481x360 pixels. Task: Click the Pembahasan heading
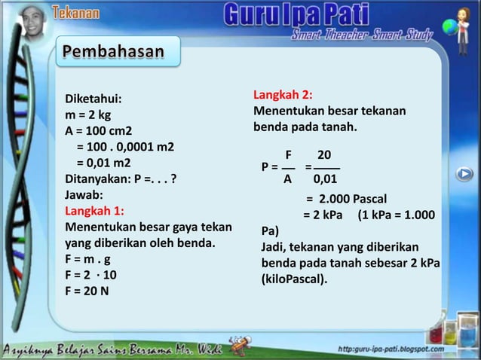(x=113, y=52)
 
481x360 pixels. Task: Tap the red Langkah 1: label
(x=95, y=210)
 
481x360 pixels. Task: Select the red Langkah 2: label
(x=283, y=96)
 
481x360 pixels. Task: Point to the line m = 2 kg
(x=88, y=115)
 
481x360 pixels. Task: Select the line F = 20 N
(x=87, y=290)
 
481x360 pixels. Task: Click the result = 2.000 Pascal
(x=346, y=199)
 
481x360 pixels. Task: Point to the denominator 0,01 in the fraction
(x=325, y=179)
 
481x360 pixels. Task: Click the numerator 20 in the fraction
(x=324, y=154)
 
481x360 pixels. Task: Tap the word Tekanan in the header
(x=76, y=12)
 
